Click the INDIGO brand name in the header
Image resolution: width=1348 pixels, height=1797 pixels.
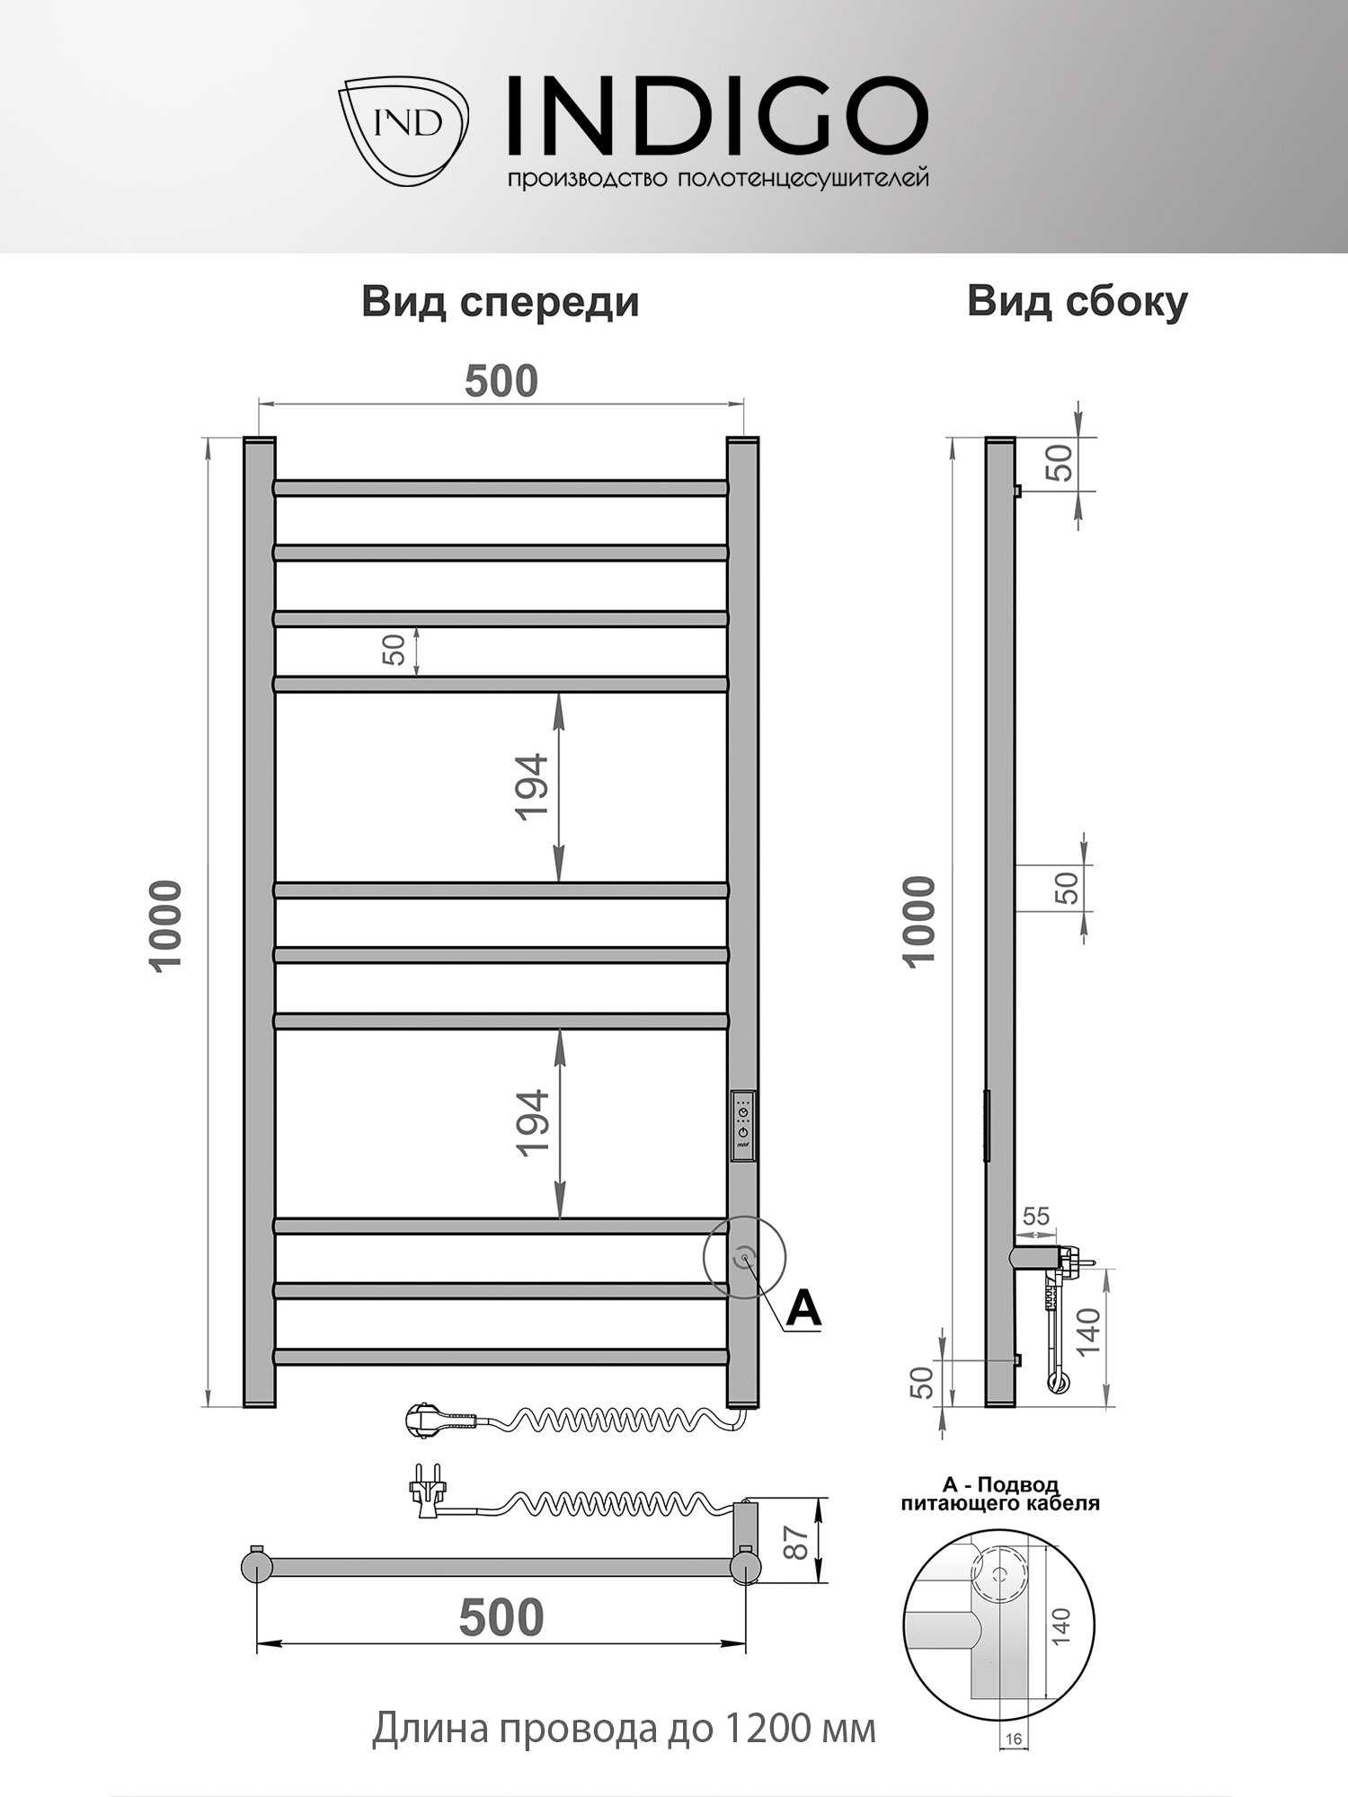pyautogui.click(x=717, y=117)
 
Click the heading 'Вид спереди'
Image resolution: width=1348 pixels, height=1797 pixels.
pyautogui.click(x=501, y=302)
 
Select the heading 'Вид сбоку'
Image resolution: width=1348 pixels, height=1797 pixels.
pyautogui.click(x=1077, y=302)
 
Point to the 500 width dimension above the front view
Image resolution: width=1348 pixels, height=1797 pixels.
pyautogui.click(x=501, y=381)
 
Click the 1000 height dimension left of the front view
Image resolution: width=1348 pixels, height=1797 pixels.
pyautogui.click(x=167, y=925)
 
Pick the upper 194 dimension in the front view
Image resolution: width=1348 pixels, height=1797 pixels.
pyautogui.click(x=532, y=786)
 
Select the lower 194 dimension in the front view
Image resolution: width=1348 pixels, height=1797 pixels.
pyautogui.click(x=532, y=1122)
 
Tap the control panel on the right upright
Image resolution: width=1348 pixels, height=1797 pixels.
pyautogui.click(x=743, y=1127)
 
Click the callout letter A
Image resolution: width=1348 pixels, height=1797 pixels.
pyautogui.click(x=803, y=1309)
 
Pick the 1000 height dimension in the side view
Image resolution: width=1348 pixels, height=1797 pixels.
pyautogui.click(x=920, y=922)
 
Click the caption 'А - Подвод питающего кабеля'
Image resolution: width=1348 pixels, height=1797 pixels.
pyautogui.click(x=1000, y=1494)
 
